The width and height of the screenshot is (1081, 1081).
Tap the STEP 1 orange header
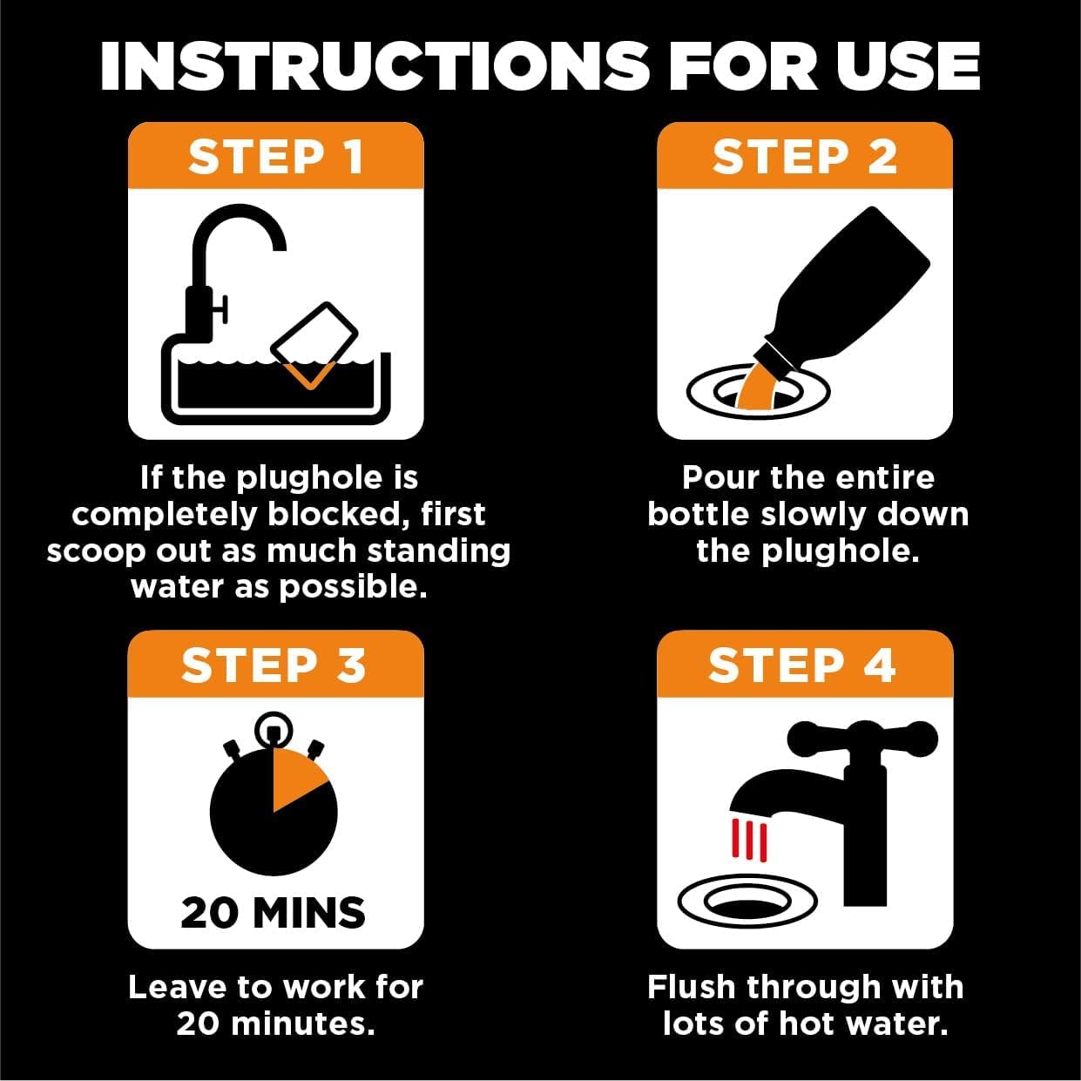pyautogui.click(x=275, y=158)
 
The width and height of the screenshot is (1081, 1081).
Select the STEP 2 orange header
pyautogui.click(x=804, y=158)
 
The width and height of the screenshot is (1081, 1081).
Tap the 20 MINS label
pyautogui.click(x=274, y=913)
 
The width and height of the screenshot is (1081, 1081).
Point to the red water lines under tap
pyautogui.click(x=749, y=840)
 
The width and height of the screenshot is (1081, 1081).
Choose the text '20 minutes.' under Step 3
pyautogui.click(x=275, y=1024)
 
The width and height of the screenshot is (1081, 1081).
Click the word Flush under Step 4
pyautogui.click(x=692, y=987)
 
